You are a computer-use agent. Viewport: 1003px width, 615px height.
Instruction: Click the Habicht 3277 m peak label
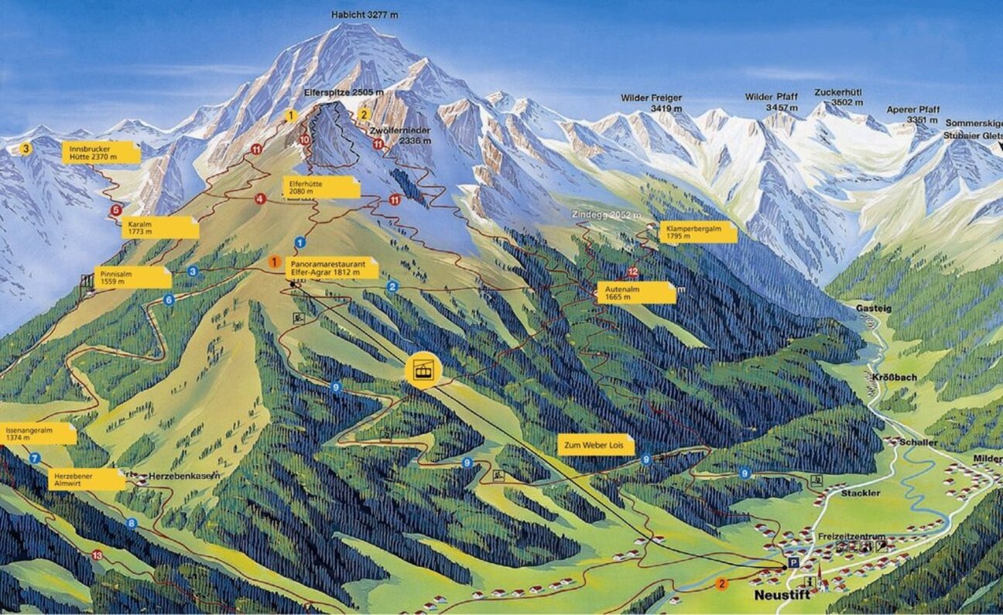pos(365,14)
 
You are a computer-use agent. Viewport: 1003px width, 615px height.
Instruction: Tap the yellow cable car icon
pos(423,371)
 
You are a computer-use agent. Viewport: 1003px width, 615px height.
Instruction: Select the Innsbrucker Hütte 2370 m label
pos(101,152)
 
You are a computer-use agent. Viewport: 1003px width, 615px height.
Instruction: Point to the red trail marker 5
pos(116,210)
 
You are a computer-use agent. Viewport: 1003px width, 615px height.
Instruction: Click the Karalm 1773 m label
pos(159,227)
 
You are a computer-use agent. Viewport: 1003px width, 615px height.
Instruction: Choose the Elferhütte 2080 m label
pos(321,187)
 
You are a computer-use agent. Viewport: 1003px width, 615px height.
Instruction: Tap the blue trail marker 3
pos(193,271)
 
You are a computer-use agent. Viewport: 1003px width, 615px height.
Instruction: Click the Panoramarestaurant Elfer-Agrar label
pos(332,268)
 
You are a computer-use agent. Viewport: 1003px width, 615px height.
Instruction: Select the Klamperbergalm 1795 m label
pos(697,232)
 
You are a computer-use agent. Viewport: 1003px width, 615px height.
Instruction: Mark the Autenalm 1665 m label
pos(635,292)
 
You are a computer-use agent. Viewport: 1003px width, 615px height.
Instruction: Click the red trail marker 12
pos(633,272)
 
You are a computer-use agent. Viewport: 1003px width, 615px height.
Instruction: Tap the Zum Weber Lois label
pos(596,445)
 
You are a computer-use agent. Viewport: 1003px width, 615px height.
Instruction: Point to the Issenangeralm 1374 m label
pos(37,433)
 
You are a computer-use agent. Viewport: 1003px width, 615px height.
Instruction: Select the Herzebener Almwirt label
pos(86,479)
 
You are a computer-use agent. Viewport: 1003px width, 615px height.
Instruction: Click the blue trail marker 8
pos(132,524)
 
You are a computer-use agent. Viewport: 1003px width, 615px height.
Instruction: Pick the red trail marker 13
pos(97,555)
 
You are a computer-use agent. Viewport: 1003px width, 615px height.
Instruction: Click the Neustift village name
pos(782,596)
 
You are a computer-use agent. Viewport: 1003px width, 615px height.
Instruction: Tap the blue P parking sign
pos(792,562)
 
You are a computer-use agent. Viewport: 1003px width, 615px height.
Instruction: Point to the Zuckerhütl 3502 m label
pos(837,97)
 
